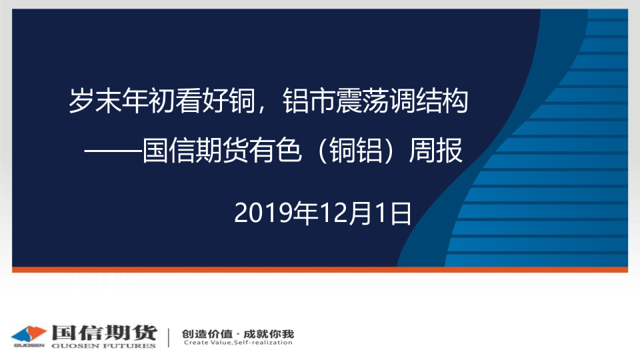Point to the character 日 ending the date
click(401, 213)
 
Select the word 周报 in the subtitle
click(435, 151)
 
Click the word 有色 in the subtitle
click(275, 151)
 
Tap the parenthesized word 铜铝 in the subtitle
click(356, 151)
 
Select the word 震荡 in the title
click(362, 101)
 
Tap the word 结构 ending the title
click(441, 101)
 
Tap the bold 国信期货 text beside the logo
click(104, 333)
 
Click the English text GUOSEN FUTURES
click(104, 346)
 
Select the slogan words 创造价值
click(207, 334)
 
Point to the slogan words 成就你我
click(269, 334)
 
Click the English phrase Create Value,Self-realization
click(239, 343)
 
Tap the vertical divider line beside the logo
click(169, 337)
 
